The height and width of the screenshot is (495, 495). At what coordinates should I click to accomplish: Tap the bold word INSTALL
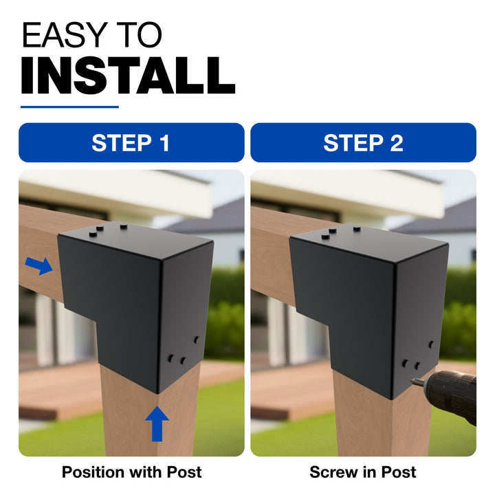click(128, 76)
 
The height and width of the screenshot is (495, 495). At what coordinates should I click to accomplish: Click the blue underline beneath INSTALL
click(69, 107)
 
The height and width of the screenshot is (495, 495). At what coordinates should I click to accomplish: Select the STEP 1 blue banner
click(131, 143)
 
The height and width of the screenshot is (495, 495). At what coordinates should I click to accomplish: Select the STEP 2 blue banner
click(363, 143)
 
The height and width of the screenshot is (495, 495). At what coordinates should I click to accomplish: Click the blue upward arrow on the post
click(157, 423)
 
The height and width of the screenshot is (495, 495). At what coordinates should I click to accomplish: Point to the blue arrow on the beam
click(38, 265)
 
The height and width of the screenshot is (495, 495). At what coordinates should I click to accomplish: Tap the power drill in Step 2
click(448, 395)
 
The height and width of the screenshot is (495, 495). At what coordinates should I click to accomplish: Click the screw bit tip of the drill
click(412, 382)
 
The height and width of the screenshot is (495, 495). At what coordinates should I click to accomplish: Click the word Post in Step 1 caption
click(184, 472)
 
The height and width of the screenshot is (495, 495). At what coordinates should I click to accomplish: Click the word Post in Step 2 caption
click(399, 472)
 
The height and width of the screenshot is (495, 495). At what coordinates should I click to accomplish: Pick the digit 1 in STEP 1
click(164, 143)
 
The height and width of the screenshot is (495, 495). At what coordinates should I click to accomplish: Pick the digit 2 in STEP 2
click(397, 143)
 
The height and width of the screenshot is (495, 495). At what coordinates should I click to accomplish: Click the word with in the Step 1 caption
click(146, 472)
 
